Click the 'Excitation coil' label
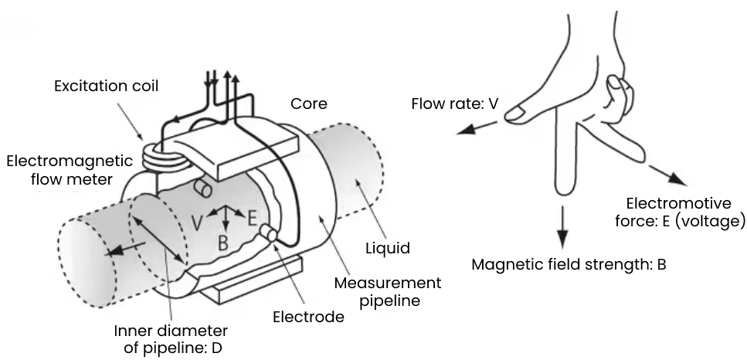tap(106, 86)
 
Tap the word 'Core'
tap(309, 104)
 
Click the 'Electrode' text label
tap(309, 316)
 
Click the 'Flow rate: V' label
tap(454, 103)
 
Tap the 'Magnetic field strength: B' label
tap(569, 264)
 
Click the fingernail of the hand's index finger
tap(517, 114)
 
